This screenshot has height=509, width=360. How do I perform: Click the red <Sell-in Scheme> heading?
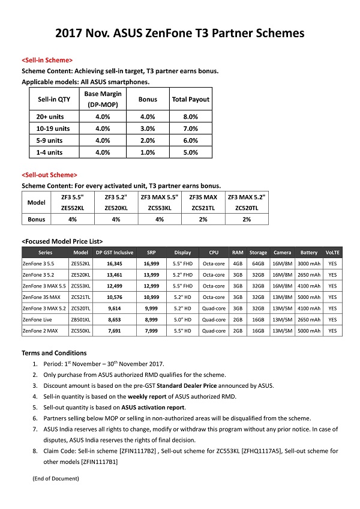pyautogui.click(x=47, y=61)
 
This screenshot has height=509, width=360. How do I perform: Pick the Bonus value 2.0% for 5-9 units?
pyautogui.click(x=148, y=140)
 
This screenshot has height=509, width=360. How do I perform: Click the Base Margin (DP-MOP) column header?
pyautogui.click(x=103, y=99)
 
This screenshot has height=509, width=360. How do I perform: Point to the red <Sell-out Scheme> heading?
pyautogui.click(x=49, y=175)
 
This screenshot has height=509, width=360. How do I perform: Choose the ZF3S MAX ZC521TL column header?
pyautogui.click(x=203, y=202)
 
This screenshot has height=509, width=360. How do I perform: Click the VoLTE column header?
pyautogui.click(x=332, y=253)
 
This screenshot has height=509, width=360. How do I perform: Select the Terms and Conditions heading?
pyautogui.click(x=54, y=353)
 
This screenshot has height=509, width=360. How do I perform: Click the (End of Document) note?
pyautogui.click(x=56, y=478)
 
